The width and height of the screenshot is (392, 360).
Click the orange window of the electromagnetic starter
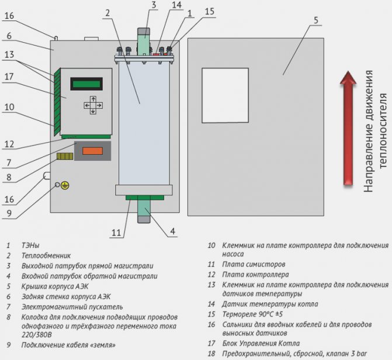(x=93, y=151)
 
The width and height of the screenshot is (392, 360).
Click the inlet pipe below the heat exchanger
(x=144, y=210)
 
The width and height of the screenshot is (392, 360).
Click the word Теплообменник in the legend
(x=47, y=255)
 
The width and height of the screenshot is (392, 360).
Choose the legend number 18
(x=211, y=354)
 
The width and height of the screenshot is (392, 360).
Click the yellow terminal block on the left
(x=64, y=157)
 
